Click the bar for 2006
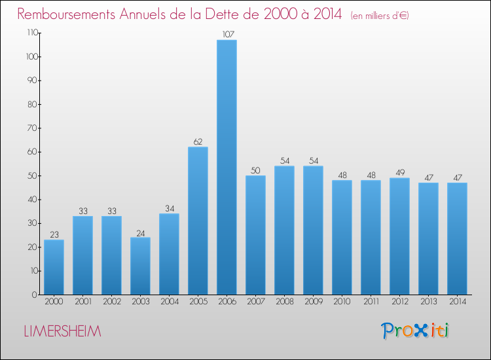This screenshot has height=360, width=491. coord(227,167)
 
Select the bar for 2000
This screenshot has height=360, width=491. coord(54,267)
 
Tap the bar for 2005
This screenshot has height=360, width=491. coord(198,221)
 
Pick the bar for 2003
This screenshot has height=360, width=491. coord(140,266)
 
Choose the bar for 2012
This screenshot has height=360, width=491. coord(399,236)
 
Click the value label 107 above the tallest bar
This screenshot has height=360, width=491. coord(227,34)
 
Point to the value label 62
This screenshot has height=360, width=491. coord(198,141)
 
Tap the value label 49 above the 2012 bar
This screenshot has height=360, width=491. coord(399,172)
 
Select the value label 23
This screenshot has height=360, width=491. coord(54,234)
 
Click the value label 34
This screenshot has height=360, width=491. coord(169,207)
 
